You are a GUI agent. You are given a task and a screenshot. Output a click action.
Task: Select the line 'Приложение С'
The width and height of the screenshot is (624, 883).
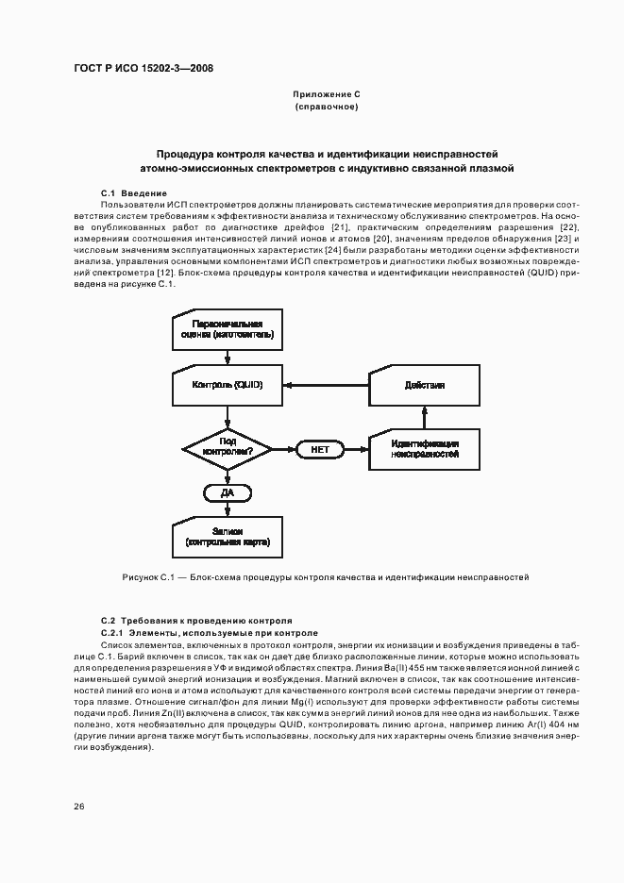(327, 94)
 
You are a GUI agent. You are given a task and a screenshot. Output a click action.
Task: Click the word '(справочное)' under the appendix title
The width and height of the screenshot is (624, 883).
(327, 107)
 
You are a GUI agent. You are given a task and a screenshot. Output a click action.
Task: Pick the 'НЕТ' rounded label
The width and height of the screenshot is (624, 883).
(320, 450)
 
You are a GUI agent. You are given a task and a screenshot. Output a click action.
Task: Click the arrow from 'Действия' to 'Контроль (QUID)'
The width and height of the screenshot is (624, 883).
(326, 385)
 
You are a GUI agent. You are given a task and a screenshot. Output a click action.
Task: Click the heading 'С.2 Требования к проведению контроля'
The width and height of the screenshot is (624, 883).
(183, 621)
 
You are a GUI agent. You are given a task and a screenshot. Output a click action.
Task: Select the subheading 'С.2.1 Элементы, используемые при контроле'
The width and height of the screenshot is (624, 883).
(209, 632)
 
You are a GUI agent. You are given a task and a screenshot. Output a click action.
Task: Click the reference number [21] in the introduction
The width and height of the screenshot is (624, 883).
(341, 227)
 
